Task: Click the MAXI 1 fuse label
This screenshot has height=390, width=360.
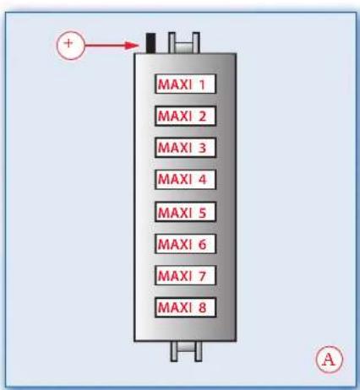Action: point(185,84)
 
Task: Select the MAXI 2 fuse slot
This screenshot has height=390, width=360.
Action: point(185,116)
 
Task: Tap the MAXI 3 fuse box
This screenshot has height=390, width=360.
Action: point(185,148)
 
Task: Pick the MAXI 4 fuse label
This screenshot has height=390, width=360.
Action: point(185,180)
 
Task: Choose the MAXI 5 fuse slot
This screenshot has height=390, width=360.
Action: point(185,212)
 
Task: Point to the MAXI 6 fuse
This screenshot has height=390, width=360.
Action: point(185,244)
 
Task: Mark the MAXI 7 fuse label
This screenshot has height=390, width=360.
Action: point(185,275)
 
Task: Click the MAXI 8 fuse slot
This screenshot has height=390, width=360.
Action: point(185,307)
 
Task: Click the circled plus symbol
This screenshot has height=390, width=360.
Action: point(70,45)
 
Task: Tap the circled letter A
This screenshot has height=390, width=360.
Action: point(329,360)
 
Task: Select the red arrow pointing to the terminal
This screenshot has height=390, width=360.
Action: point(112,46)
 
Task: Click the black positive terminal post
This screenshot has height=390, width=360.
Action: point(150,43)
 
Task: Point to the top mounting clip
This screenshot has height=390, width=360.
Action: point(184,43)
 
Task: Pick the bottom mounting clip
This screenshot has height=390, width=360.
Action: point(186,351)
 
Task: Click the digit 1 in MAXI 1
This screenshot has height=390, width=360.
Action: point(202,84)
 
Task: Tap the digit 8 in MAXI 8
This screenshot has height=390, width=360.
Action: point(202,307)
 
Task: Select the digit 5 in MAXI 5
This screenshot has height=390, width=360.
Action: point(202,212)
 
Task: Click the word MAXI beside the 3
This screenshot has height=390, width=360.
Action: point(175,148)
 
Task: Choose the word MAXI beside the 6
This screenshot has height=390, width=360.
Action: point(175,244)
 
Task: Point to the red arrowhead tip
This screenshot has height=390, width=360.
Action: point(139,46)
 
